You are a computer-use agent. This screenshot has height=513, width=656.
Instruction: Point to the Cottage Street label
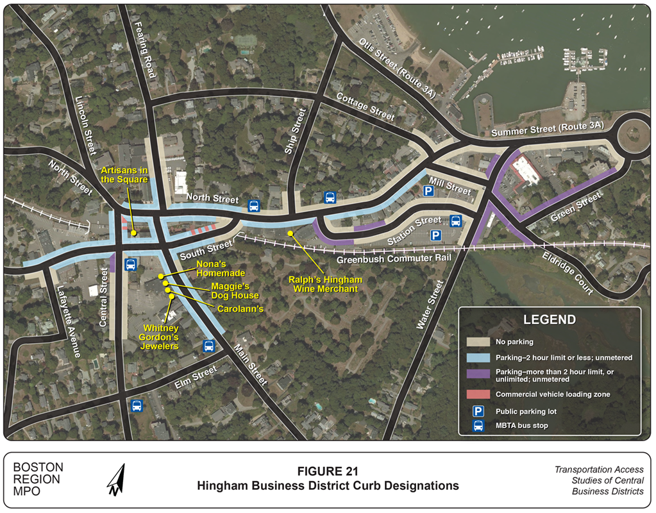coord(366,106)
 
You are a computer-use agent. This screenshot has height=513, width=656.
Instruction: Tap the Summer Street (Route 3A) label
coord(550,130)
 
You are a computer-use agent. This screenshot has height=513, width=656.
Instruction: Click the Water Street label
coord(430,305)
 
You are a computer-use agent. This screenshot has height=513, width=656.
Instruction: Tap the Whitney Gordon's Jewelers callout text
coord(160,337)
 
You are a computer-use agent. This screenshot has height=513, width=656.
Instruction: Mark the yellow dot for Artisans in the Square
coord(133,233)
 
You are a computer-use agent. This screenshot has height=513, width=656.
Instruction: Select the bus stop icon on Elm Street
coord(137,405)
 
